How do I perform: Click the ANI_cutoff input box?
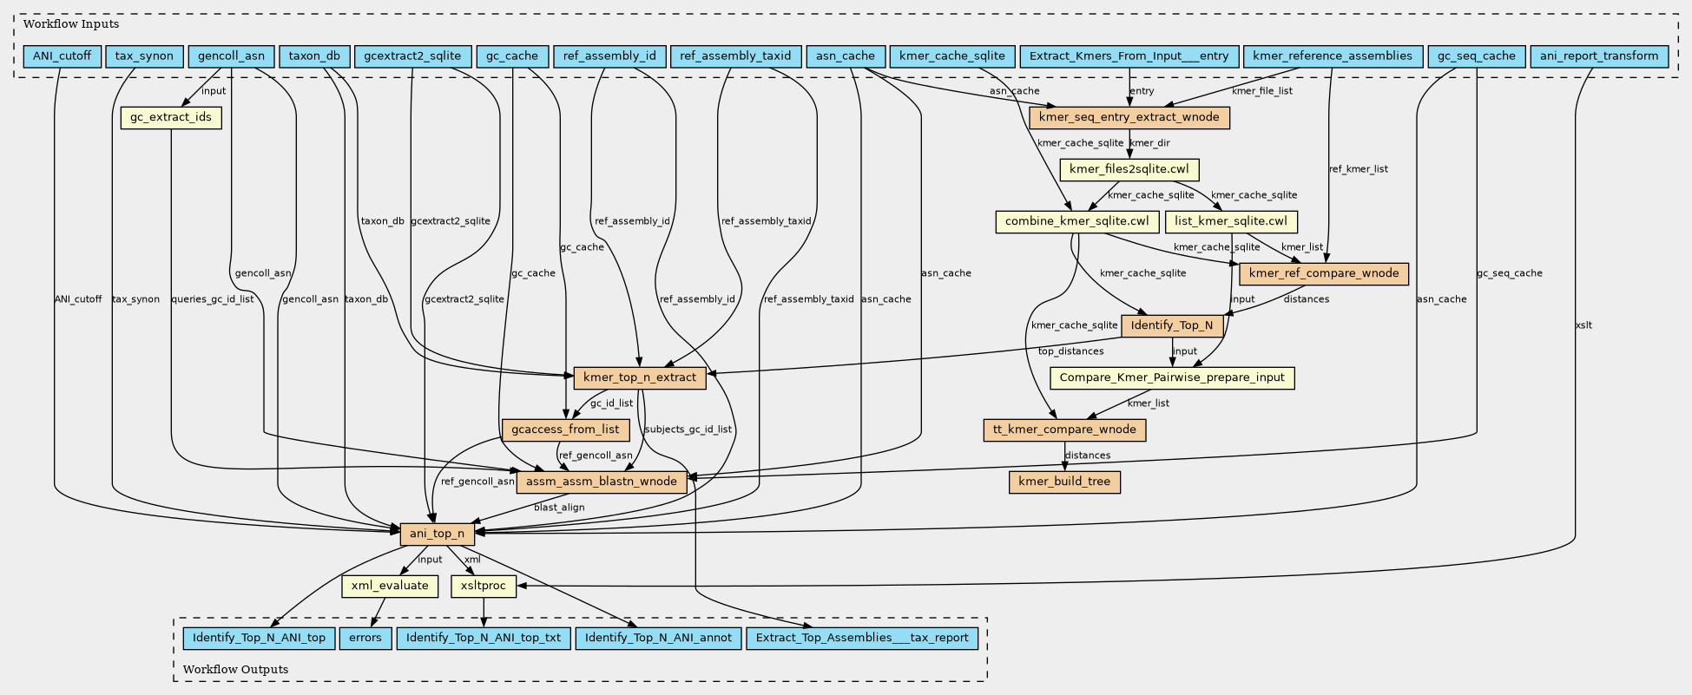63,56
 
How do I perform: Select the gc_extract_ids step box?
171,117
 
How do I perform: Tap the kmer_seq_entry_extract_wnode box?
1129,117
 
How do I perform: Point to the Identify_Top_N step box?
1173,326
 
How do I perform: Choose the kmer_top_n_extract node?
640,377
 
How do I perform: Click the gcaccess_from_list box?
565,429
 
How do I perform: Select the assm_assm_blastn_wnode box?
602,482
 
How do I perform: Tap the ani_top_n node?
437,534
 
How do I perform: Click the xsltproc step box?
484,586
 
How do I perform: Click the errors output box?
365,638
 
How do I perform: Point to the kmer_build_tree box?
1064,482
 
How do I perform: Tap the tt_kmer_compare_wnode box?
1064,429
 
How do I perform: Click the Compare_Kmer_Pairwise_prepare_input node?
1172,377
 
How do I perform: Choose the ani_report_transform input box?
1599,56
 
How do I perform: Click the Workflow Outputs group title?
235,669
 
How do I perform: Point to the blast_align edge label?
559,508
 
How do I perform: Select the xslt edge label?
1583,325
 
